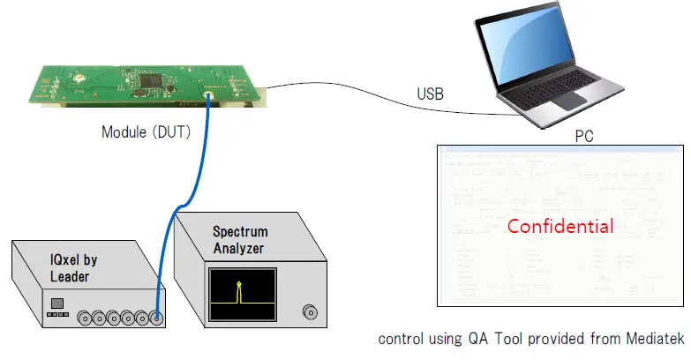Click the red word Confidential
[x=560, y=226]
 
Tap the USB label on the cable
[x=431, y=94]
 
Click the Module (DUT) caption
[x=146, y=132]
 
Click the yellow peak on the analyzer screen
[x=237, y=290]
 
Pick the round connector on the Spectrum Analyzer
[x=310, y=311]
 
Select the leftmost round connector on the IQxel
[x=87, y=317]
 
